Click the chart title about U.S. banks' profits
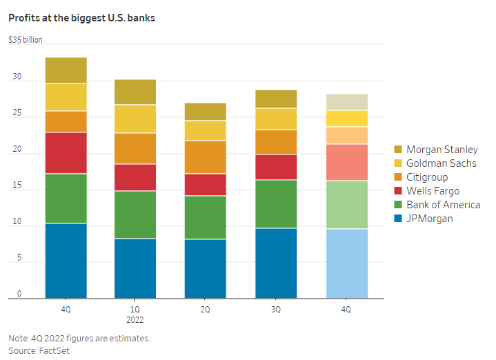click(x=81, y=17)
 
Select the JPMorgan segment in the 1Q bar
click(x=135, y=268)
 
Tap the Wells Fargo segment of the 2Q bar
click(x=206, y=185)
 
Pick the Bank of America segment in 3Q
click(x=276, y=204)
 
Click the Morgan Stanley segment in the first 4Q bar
click(x=66, y=70)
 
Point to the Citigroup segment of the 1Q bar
click(x=135, y=148)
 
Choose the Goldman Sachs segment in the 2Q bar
click(x=206, y=130)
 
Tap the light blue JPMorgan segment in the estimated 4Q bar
click(x=346, y=263)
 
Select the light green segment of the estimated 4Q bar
click(x=346, y=205)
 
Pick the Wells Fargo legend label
click(x=433, y=191)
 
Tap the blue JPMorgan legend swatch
click(x=398, y=219)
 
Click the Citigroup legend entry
click(x=427, y=177)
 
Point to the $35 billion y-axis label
click(x=26, y=40)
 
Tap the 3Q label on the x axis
click(x=276, y=310)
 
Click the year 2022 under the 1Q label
click(x=135, y=320)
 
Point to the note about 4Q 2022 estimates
click(x=79, y=339)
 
